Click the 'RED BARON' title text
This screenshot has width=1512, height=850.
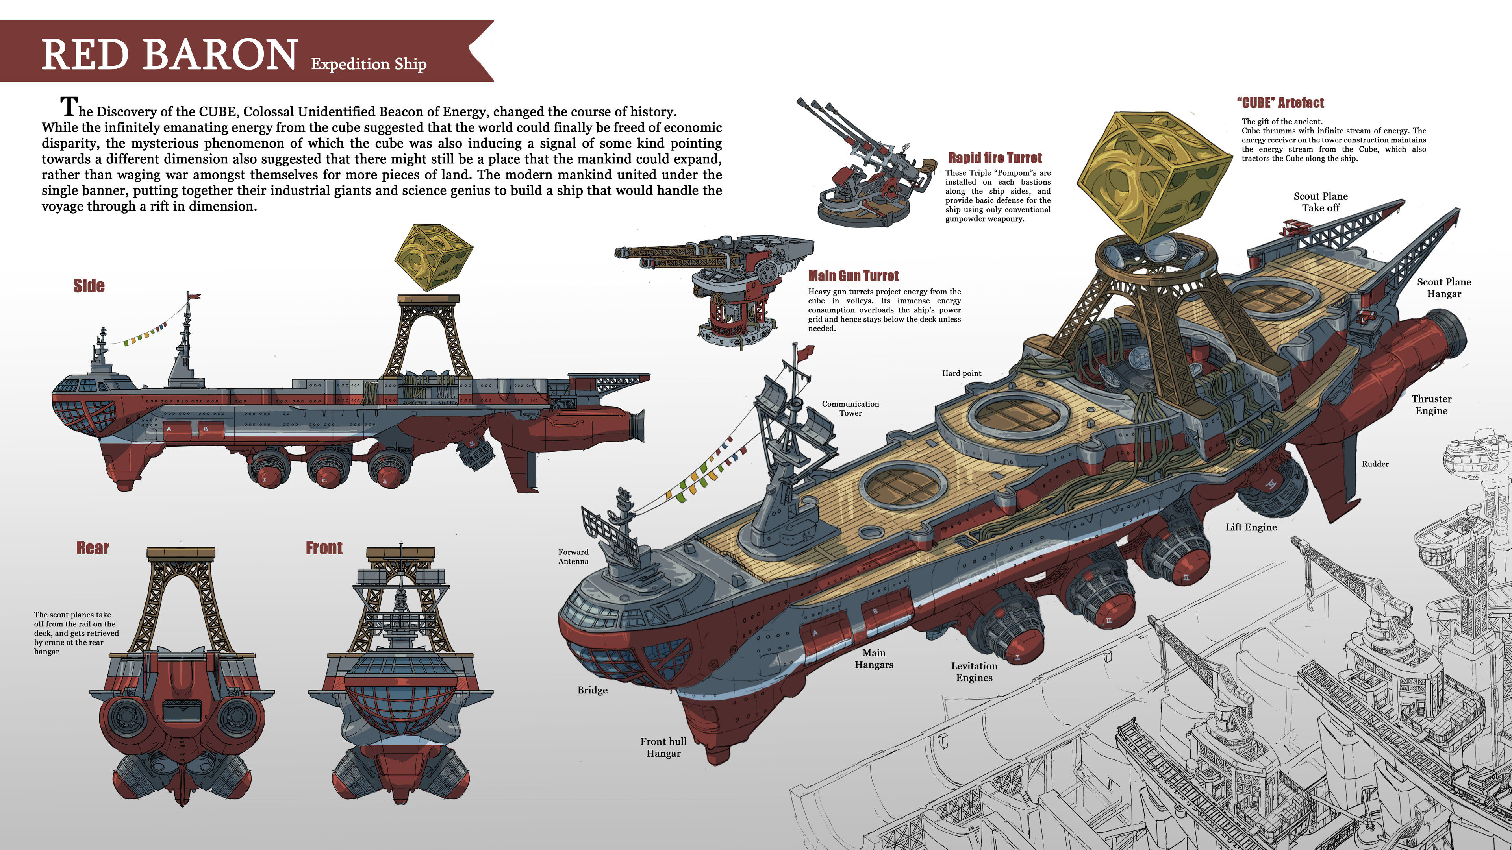click(x=170, y=55)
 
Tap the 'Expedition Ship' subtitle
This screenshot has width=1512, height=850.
click(x=369, y=64)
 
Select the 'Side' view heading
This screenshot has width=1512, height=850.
click(x=89, y=286)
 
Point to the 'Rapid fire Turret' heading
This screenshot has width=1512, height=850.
click(x=995, y=158)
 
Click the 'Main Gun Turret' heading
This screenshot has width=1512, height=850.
click(x=853, y=276)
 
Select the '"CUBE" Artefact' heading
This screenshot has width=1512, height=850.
click(x=1280, y=103)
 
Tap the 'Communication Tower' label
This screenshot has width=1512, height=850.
click(x=850, y=408)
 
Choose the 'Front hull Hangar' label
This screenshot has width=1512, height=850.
click(x=663, y=747)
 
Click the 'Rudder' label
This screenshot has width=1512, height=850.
click(x=1375, y=464)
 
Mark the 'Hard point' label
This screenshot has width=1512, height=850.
click(x=962, y=374)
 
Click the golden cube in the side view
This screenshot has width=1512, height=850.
click(x=434, y=256)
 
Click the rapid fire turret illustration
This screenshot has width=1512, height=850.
click(x=863, y=170)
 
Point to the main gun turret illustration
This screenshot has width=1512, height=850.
click(x=722, y=287)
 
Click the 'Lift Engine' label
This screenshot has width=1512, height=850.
click(x=1251, y=527)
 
